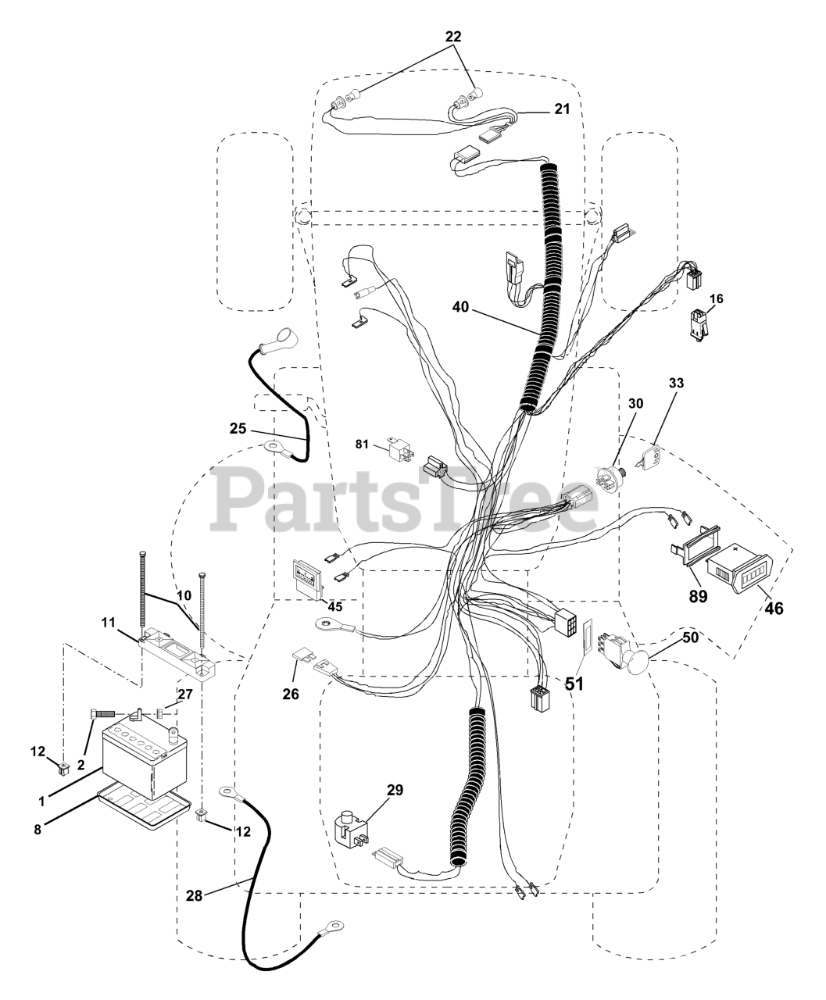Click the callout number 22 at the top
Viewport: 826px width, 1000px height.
click(x=453, y=36)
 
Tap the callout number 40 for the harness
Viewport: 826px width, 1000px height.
click(x=461, y=308)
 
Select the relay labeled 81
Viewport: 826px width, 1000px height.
click(x=396, y=452)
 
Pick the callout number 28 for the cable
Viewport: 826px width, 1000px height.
click(x=194, y=896)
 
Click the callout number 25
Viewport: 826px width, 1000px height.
click(x=238, y=428)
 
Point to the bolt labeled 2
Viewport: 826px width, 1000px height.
click(x=105, y=712)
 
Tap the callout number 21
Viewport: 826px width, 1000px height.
click(x=563, y=109)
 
